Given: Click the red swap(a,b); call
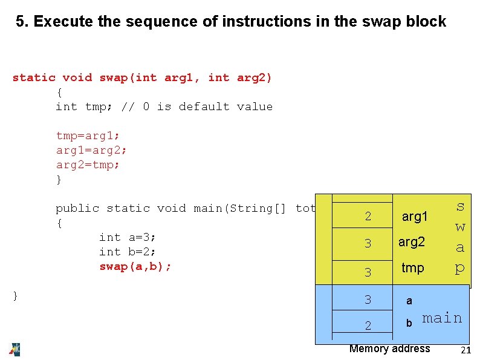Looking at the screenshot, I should (x=135, y=266).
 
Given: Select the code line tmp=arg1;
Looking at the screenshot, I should (x=88, y=136).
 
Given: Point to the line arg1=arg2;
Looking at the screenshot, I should (x=91, y=150).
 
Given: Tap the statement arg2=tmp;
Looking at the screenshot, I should (x=88, y=165).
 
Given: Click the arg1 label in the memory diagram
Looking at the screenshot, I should (x=415, y=217).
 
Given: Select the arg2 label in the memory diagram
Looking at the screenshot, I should (x=412, y=242).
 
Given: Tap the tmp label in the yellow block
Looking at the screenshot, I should (x=413, y=268).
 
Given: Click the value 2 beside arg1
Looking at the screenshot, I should (x=368, y=217).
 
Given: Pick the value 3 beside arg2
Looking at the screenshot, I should (x=368, y=244).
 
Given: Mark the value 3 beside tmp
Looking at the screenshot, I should (x=368, y=273).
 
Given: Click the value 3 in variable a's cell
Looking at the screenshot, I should (x=368, y=299).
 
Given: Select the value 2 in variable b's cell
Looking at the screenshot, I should (x=368, y=326).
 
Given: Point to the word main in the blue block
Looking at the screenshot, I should (x=442, y=318).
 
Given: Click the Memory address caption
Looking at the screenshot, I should (x=390, y=349).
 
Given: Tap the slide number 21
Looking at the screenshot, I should (x=465, y=351).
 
